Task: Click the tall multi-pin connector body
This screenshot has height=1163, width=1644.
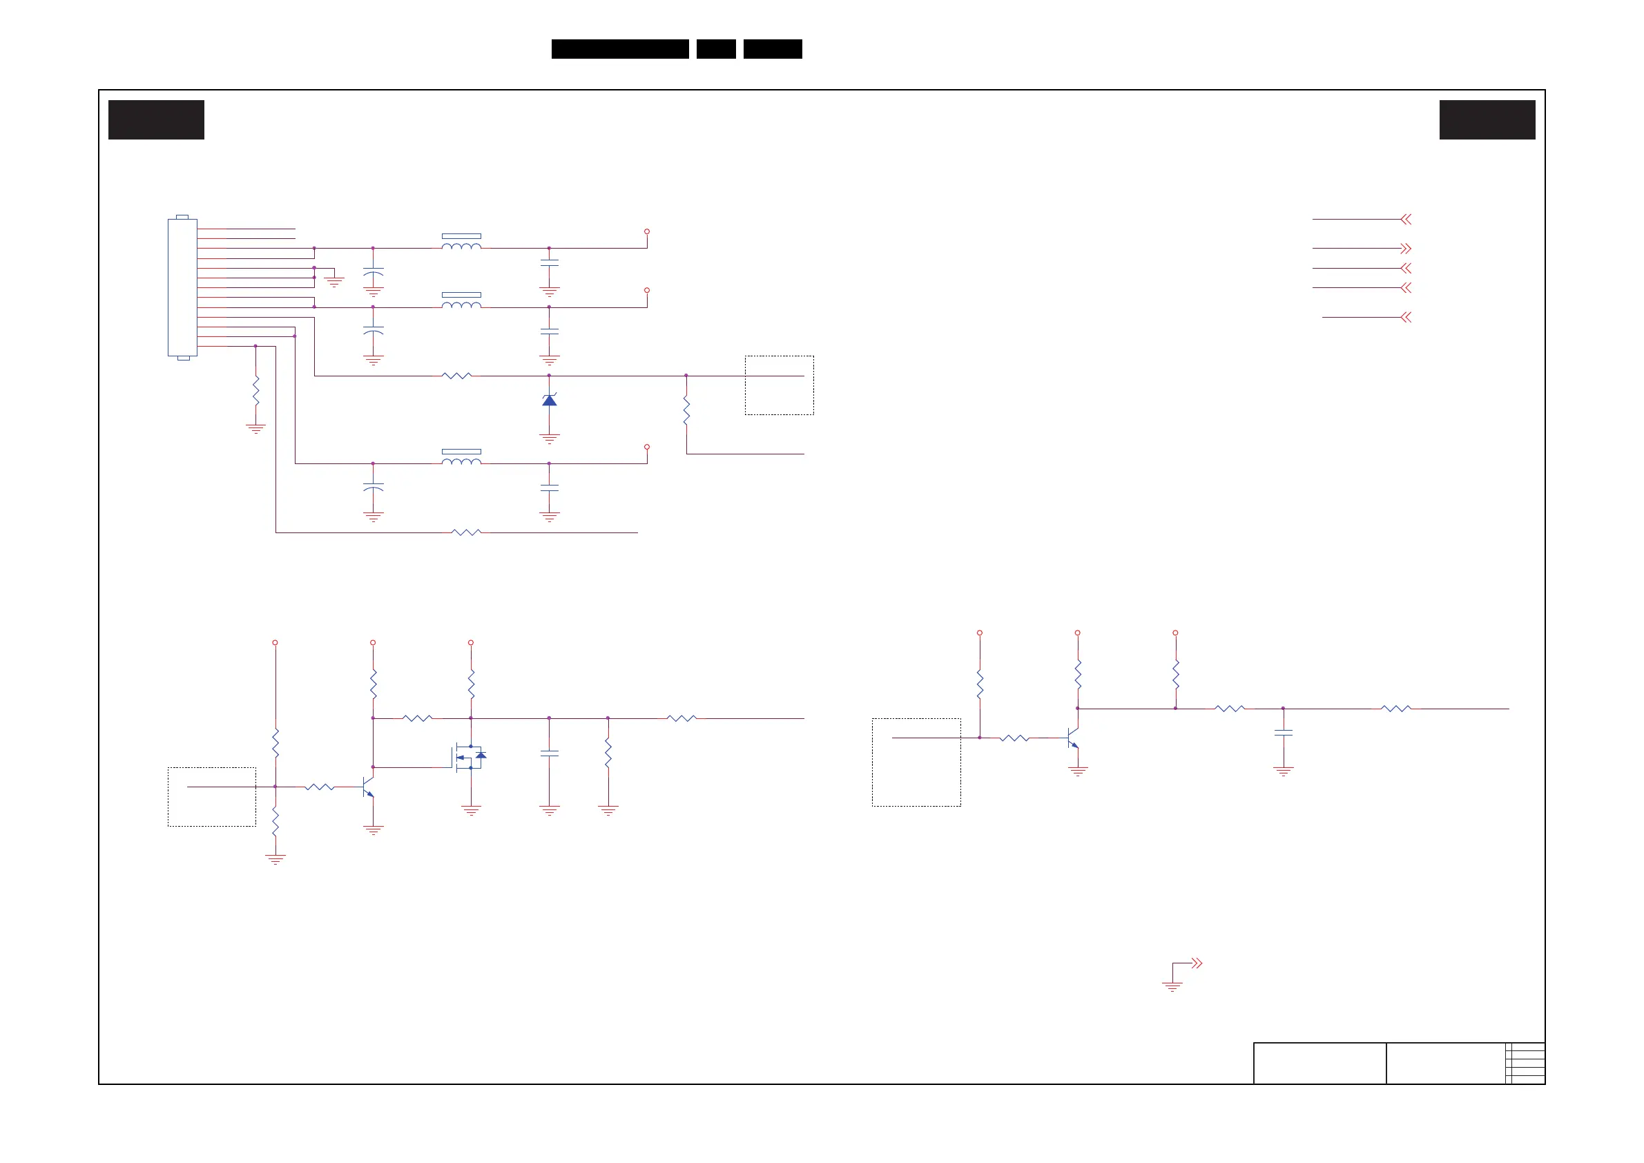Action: [182, 287]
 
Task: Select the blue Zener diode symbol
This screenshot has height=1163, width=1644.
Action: [549, 400]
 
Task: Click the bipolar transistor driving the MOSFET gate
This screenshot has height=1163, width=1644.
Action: [369, 787]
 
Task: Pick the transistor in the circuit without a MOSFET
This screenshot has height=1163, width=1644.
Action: [1072, 737]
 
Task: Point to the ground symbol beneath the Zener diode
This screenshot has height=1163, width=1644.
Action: [549, 438]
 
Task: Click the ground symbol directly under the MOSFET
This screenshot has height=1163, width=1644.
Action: [470, 811]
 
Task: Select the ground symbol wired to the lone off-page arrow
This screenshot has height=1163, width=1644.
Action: [1172, 987]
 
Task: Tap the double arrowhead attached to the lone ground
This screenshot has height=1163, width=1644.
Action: [1197, 963]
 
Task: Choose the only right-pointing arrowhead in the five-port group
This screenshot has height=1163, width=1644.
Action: [1406, 249]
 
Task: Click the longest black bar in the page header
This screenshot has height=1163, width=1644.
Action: [620, 49]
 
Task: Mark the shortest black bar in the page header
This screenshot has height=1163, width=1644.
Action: [716, 49]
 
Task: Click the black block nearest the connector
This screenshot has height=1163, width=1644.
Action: [156, 119]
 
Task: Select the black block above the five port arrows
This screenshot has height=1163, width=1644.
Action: [1487, 119]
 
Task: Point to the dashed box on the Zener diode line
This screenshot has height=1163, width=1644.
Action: [779, 385]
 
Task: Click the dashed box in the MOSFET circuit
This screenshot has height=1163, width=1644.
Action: [212, 797]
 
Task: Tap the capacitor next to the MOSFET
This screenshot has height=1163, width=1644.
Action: [549, 753]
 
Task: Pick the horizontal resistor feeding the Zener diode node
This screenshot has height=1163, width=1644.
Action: [457, 375]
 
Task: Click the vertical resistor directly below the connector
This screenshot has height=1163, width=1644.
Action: [255, 390]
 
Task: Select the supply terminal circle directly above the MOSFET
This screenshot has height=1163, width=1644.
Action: [470, 642]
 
